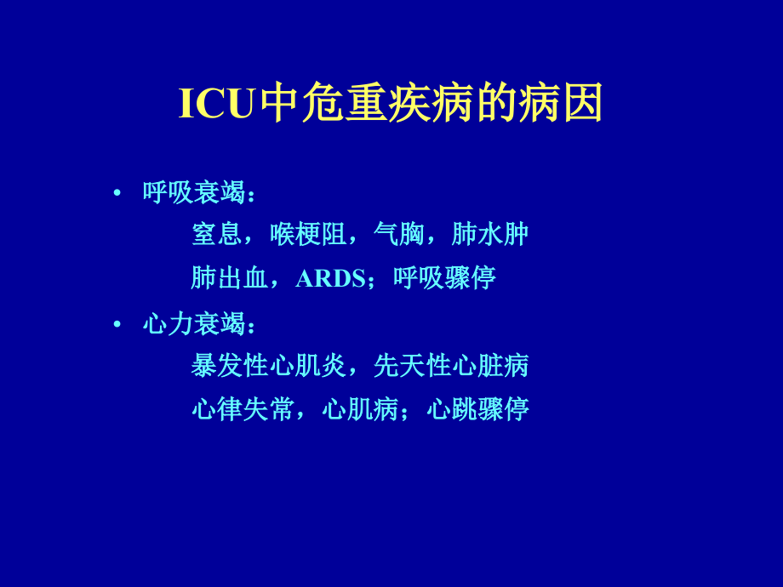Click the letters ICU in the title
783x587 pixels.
click(x=216, y=105)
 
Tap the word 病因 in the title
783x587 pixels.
click(x=561, y=105)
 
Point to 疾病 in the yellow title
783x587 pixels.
click(x=432, y=105)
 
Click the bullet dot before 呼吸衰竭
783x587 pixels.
click(x=117, y=192)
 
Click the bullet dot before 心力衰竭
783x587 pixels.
click(x=117, y=324)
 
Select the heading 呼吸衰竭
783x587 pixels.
click(x=194, y=193)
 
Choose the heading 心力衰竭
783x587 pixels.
click(x=194, y=324)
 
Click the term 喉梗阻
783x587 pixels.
click(x=308, y=234)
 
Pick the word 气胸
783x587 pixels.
click(x=399, y=234)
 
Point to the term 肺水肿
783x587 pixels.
click(x=490, y=234)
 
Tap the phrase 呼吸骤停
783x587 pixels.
click(x=444, y=278)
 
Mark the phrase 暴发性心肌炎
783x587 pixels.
click(x=268, y=366)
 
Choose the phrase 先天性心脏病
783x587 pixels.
click(x=451, y=366)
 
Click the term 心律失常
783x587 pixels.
click(x=243, y=409)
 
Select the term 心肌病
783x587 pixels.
click(x=360, y=409)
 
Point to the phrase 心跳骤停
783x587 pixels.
click(x=477, y=409)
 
